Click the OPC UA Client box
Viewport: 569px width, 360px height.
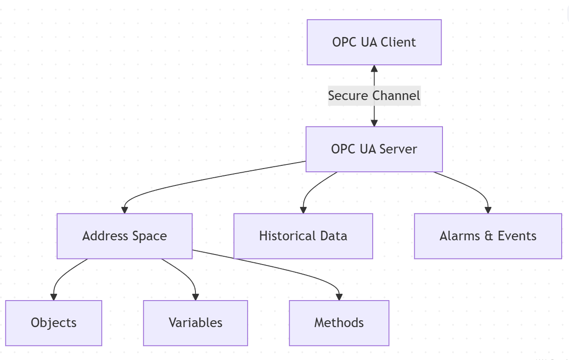coord(374,42)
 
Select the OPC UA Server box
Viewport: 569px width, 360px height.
coord(374,149)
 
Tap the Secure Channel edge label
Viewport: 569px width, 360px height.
coord(374,96)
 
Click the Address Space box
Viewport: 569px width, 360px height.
coord(124,236)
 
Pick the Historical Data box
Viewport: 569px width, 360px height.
coord(303,236)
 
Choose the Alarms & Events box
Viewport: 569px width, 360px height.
coord(488,236)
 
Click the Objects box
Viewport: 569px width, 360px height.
coord(53,323)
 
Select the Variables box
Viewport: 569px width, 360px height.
coord(195,323)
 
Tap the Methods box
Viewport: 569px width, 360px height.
coord(339,323)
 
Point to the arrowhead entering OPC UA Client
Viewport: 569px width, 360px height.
coord(374,69)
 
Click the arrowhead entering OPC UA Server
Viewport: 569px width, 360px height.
coord(374,123)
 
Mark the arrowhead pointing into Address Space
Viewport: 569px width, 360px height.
coord(124,210)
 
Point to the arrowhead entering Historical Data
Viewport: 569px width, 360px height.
coord(303,210)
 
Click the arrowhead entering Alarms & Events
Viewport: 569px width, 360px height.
coord(488,210)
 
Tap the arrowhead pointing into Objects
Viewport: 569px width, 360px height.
coord(53,296)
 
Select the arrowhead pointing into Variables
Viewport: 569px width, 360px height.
coord(195,296)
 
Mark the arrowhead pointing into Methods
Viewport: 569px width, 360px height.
coord(339,296)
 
